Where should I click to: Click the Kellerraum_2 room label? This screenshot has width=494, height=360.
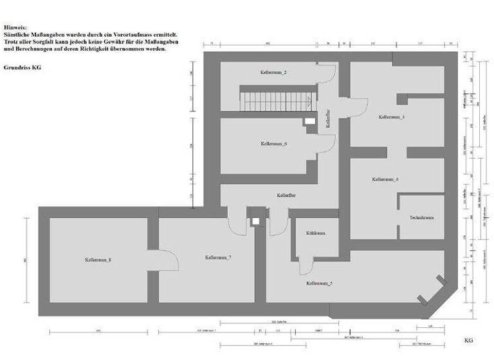tap(273, 73)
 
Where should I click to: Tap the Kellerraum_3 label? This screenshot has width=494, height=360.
tap(391, 117)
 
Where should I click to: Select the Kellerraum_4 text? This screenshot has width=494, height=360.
tap(385, 179)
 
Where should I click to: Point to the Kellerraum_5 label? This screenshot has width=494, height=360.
tap(319, 283)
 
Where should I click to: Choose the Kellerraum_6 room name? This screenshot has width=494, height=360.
tap(273, 143)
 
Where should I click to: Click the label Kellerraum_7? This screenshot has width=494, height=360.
tap(218, 257)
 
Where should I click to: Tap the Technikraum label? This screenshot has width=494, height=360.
tap(421, 218)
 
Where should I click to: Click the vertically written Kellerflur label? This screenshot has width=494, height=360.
tap(328, 120)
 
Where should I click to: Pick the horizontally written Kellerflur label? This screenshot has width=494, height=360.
tap(286, 194)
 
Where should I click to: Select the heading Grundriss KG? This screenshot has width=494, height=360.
tap(23, 67)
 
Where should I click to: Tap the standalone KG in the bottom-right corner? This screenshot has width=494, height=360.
tap(468, 339)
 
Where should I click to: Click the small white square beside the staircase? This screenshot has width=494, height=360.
tap(311, 121)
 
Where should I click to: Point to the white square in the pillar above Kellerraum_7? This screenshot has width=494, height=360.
tap(256, 221)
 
